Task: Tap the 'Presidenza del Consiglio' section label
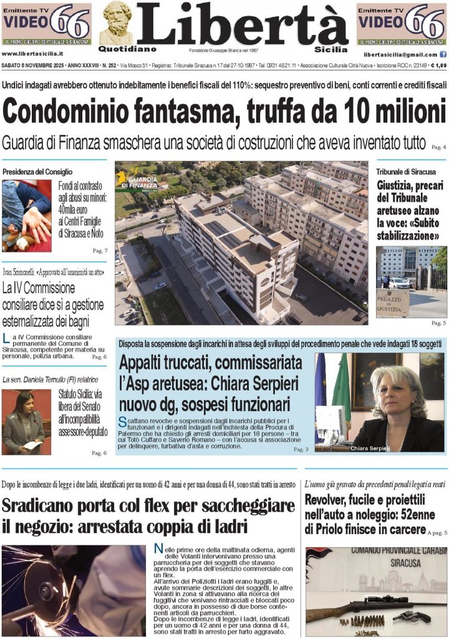click(x=37, y=172)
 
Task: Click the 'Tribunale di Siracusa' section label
click(x=402, y=172)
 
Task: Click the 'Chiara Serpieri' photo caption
click(x=369, y=449)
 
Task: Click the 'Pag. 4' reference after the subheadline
click(x=438, y=147)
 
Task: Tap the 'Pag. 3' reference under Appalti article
click(x=301, y=449)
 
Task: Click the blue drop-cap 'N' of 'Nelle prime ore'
click(x=158, y=549)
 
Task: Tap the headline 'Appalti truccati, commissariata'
click(x=211, y=363)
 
